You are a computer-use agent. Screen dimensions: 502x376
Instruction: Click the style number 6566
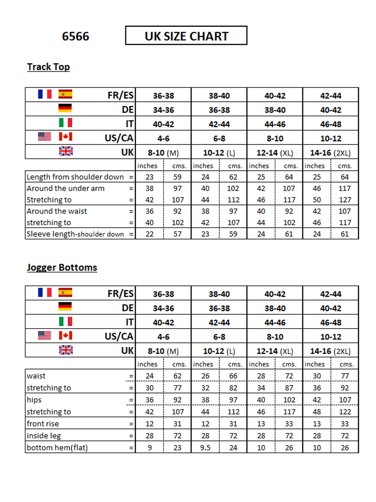(x=76, y=36)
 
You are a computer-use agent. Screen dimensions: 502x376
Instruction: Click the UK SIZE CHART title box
(x=186, y=36)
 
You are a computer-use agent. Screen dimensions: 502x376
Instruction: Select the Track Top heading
(x=49, y=67)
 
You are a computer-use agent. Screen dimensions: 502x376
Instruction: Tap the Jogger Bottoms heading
(x=62, y=267)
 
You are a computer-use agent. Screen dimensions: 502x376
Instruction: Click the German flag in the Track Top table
(x=65, y=108)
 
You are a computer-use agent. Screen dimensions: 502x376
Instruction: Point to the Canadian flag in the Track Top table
(x=65, y=136)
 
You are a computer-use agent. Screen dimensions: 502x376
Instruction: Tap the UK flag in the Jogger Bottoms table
(x=66, y=350)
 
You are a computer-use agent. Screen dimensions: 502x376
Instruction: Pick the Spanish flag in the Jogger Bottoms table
(x=65, y=292)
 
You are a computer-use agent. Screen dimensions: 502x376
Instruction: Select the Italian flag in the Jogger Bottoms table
(x=65, y=321)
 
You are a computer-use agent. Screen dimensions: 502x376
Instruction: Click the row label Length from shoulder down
(x=75, y=177)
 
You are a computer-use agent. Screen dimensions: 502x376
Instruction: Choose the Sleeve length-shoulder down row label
(x=75, y=234)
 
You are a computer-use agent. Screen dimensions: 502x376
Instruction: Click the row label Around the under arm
(x=65, y=188)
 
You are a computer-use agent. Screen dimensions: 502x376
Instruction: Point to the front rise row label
(x=43, y=424)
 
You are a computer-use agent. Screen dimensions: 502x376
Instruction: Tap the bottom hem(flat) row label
(x=57, y=447)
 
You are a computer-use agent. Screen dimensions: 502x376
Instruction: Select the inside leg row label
(x=44, y=435)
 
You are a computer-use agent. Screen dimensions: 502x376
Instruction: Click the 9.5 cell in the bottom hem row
(x=205, y=448)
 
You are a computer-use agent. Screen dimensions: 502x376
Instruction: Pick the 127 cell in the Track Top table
(x=345, y=200)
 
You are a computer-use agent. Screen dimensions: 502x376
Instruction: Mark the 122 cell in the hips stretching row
(x=345, y=412)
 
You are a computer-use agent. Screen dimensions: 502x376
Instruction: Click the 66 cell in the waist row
(x=233, y=376)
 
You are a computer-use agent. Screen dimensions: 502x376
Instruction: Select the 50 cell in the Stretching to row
(x=317, y=200)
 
